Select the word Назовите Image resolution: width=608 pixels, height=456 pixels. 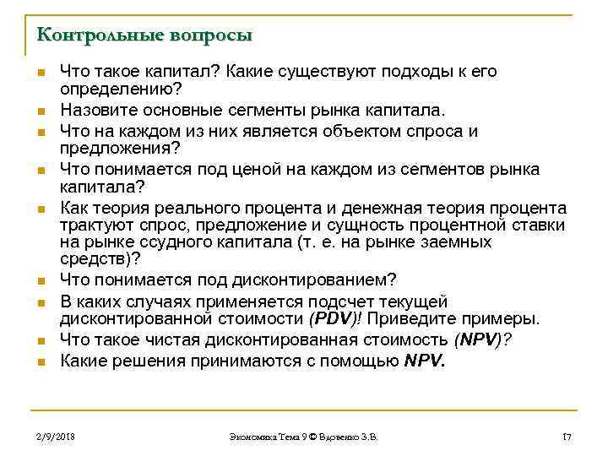click(x=95, y=110)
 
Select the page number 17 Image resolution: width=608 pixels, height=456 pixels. click(x=567, y=437)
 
